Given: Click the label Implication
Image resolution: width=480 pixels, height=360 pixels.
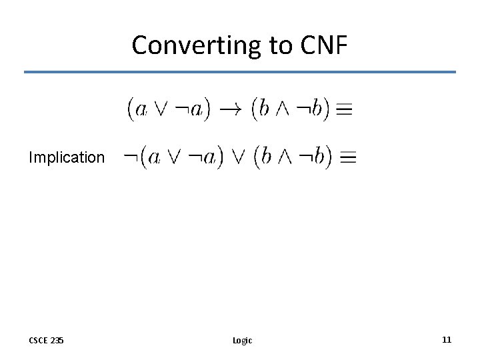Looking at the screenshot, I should click(x=67, y=158).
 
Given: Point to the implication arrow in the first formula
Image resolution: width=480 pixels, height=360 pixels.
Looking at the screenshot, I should click(x=231, y=109).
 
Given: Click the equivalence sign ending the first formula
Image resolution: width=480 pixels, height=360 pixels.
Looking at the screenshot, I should click(x=344, y=110).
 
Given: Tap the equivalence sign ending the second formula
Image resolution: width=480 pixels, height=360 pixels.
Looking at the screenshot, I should click(x=347, y=158).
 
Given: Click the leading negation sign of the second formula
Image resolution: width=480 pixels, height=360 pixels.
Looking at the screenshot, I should click(x=131, y=157).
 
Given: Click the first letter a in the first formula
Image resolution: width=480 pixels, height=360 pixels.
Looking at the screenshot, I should click(x=141, y=109).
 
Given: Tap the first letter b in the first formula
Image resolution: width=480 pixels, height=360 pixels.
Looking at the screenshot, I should click(x=265, y=109).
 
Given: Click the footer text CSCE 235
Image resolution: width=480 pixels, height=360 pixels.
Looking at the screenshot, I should click(x=46, y=340).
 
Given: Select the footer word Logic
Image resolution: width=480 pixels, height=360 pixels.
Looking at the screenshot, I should click(x=242, y=340).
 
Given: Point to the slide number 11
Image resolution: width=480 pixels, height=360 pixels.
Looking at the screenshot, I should click(x=446, y=339).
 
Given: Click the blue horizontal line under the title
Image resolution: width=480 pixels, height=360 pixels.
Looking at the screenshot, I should click(x=240, y=72).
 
